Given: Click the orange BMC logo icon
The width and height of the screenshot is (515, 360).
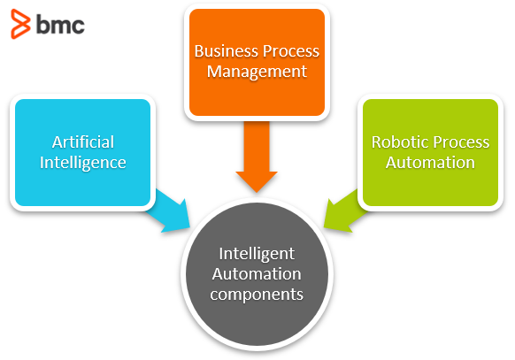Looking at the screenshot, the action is tap(20, 24).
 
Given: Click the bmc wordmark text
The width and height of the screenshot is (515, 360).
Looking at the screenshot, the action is tap(60, 25).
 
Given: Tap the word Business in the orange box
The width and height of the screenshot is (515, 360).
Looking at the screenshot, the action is tap(227, 51).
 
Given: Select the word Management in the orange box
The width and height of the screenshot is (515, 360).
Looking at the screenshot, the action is tap(257, 72).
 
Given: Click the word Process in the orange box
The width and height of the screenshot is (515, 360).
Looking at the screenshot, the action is tap(291, 51).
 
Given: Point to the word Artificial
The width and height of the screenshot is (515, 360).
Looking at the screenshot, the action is tap(83, 142).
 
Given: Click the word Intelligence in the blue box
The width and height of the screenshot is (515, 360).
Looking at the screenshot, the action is tap(83, 163).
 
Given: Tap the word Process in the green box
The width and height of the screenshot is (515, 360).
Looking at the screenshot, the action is tap(461, 142).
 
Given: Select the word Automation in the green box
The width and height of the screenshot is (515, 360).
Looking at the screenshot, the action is tap(430, 163).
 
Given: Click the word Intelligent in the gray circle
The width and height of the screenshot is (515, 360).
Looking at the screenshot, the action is tap(257, 254).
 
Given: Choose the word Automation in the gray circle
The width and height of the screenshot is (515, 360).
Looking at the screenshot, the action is tap(257, 273).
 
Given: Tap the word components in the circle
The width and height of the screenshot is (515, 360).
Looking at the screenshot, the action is tap(257, 295).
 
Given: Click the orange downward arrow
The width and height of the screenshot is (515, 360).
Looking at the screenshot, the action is tap(257, 157).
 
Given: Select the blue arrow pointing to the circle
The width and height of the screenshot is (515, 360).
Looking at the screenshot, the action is tap(168, 211).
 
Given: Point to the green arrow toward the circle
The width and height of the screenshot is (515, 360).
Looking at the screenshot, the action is tap(345, 211).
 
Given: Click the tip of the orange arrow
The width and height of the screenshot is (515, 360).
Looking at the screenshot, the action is tap(257, 193).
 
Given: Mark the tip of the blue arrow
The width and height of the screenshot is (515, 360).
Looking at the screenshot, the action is tap(190, 227).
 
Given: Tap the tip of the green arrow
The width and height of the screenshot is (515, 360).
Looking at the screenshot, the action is tap(324, 227).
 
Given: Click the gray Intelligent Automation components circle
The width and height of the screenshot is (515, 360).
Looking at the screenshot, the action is tap(257, 274).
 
